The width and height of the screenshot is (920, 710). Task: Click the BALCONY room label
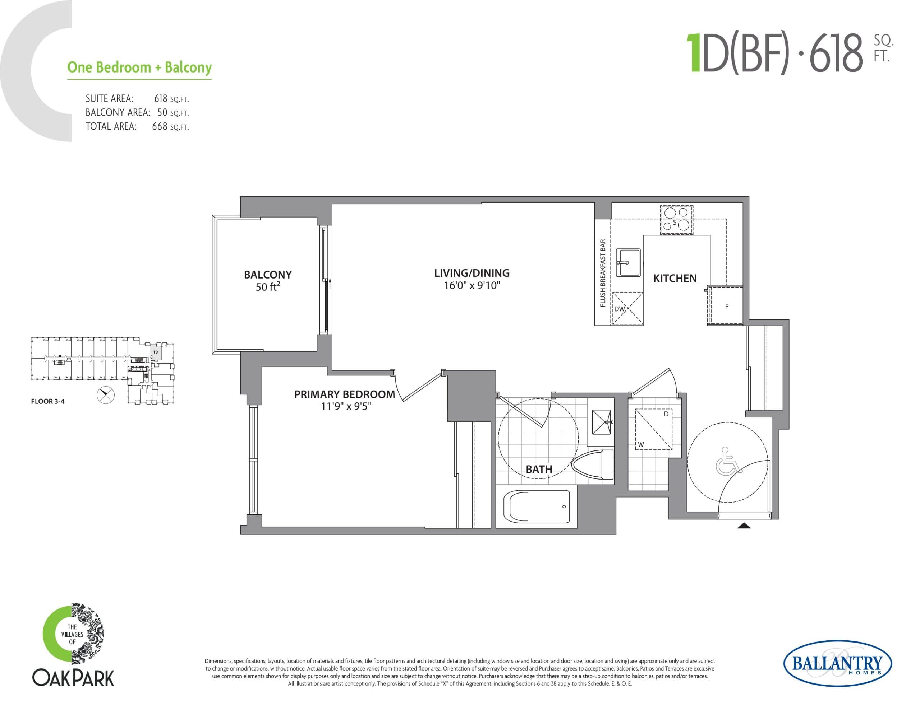pyautogui.click(x=267, y=274)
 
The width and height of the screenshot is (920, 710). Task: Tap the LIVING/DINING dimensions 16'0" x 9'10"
pyautogui.click(x=472, y=286)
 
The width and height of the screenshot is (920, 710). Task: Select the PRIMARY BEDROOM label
pyautogui.click(x=344, y=394)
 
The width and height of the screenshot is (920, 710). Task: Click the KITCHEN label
pyautogui.click(x=675, y=278)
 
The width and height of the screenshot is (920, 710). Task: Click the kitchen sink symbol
pyautogui.click(x=628, y=263)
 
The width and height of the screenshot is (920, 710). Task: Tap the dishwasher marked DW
pyautogui.click(x=627, y=308)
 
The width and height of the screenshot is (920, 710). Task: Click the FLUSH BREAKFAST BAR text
pyautogui.click(x=603, y=273)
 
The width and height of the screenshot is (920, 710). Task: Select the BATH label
pyautogui.click(x=539, y=469)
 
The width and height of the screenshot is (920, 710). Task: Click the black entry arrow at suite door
pyautogui.click(x=744, y=525)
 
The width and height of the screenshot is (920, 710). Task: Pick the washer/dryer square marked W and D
pyautogui.click(x=653, y=429)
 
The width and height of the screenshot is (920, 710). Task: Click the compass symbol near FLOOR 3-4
pyautogui.click(x=105, y=395)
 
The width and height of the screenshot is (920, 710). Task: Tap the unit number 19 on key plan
pyautogui.click(x=156, y=352)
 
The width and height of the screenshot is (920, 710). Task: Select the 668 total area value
pyautogui.click(x=160, y=126)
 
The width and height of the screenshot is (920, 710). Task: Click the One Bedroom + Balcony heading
pyautogui.click(x=139, y=67)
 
